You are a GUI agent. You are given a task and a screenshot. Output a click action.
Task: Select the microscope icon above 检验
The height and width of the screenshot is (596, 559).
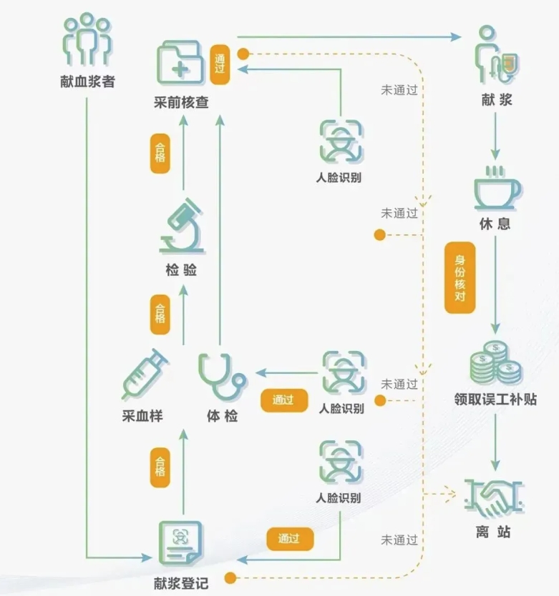181,225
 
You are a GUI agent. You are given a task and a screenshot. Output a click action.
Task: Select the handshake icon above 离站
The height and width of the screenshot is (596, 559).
495,497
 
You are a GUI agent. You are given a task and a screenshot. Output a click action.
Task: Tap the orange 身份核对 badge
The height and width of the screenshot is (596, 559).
460,278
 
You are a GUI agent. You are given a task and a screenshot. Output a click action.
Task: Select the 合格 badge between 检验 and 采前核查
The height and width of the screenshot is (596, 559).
160,152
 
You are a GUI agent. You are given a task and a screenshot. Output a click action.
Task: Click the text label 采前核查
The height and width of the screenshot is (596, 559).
181,102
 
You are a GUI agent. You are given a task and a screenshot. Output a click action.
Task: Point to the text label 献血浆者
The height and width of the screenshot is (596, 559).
87,81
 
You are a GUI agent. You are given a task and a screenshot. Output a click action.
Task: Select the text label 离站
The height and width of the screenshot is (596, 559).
494,532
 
